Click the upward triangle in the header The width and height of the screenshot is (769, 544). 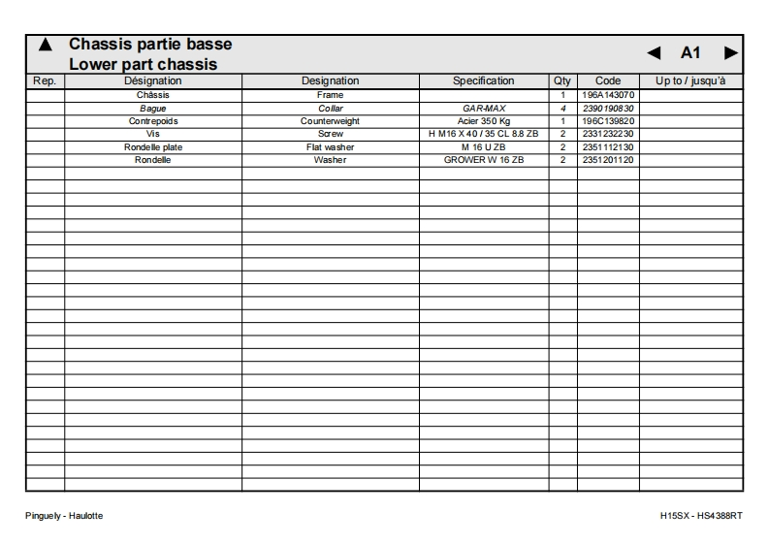pos(44,46)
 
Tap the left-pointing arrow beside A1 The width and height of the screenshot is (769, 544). pos(654,52)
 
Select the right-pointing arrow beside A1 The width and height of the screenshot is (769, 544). pos(730,52)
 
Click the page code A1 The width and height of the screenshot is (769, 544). pos(691,52)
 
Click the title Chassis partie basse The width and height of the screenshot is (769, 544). pos(150,45)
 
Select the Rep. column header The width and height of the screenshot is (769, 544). pos(45,81)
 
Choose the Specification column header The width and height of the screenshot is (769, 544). pos(484,81)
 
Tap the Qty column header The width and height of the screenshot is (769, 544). pos(562,81)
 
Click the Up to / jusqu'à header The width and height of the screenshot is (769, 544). pos(690,81)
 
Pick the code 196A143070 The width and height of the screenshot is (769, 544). pos(608,95)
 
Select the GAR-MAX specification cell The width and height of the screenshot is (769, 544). pos(484,109)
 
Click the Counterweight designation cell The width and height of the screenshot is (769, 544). pos(330,121)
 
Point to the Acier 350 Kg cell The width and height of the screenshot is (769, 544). pos(484,121)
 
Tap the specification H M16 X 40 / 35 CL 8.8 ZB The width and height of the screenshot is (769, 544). pos(484,134)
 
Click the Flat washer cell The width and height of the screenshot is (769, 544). pos(330,147)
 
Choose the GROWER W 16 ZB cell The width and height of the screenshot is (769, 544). pos(484,160)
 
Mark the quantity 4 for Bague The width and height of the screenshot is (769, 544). pos(562,109)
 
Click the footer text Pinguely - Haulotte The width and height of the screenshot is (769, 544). pos(64,516)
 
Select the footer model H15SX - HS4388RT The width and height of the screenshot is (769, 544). pos(701,516)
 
